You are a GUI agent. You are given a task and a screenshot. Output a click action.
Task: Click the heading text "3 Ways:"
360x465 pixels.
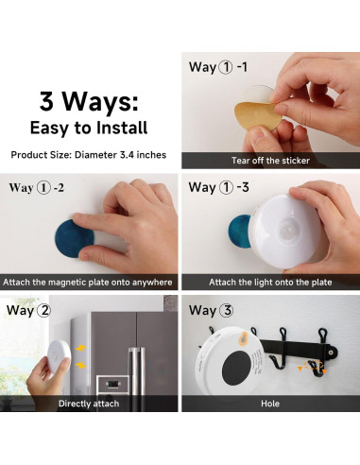89,101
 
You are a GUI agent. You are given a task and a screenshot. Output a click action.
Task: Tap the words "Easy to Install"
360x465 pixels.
89,128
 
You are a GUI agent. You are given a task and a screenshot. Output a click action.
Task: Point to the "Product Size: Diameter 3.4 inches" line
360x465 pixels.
89,153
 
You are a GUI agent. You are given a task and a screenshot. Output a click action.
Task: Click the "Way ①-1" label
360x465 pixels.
219,67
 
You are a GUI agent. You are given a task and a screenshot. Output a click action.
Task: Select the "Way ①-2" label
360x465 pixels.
37,187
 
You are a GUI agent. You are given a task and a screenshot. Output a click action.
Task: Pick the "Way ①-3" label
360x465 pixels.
219,187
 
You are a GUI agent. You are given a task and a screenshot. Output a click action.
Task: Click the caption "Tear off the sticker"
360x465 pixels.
269,161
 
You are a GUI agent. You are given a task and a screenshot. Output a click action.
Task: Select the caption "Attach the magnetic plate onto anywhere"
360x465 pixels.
89,282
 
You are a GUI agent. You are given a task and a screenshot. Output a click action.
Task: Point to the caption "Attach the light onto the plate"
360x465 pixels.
269,282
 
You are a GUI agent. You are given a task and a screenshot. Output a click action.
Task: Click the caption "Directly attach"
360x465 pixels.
89,404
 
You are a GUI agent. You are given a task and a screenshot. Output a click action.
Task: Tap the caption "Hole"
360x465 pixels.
269,404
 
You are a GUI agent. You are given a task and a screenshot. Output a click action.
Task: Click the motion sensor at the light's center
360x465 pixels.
284,230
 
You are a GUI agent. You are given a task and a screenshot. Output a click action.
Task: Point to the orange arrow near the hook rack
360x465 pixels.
306,368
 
